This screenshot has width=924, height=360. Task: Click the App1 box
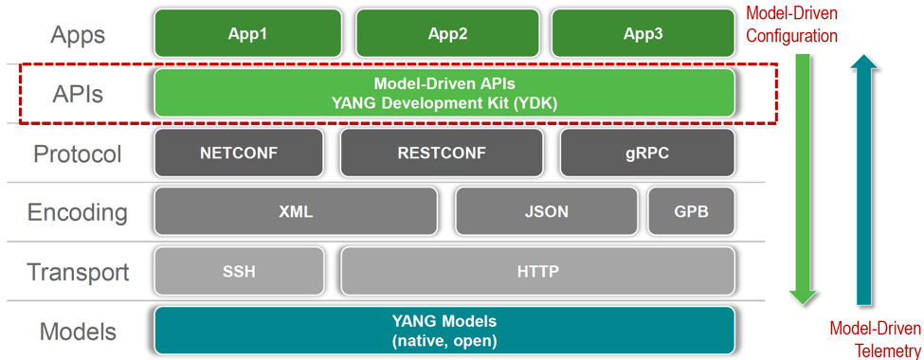point(247,34)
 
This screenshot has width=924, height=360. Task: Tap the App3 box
point(643,34)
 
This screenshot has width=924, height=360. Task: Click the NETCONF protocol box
point(239,153)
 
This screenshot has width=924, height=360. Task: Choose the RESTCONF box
point(442,153)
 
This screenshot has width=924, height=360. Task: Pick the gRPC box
point(647,153)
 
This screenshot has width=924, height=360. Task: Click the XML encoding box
point(296,212)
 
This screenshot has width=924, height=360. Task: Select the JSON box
point(546,212)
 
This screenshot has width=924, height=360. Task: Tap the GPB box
point(691,212)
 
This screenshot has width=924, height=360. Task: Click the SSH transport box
point(239,272)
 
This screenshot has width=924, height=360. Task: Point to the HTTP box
point(537,272)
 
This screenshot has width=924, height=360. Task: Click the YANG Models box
point(444,331)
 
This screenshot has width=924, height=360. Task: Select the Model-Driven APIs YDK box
point(444,94)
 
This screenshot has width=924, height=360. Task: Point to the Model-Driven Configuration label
point(791,26)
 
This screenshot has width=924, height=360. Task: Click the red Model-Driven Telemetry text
point(874,339)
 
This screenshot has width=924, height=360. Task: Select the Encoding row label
point(78,212)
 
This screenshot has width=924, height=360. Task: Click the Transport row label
point(78,273)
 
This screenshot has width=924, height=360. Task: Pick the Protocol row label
point(78,153)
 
